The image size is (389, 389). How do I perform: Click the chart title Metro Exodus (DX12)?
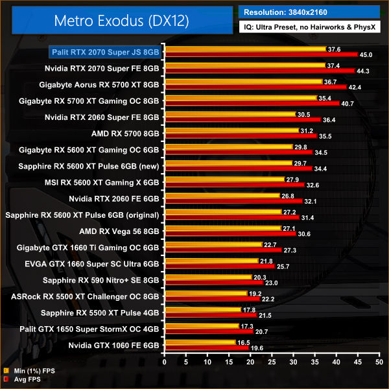118,21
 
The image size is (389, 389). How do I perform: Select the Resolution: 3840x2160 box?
309,11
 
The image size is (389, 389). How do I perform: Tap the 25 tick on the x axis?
272,361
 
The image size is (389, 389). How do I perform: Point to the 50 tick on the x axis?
379,361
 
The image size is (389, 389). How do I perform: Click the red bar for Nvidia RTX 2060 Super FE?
242,120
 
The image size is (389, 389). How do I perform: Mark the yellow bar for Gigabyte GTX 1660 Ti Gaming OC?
213,244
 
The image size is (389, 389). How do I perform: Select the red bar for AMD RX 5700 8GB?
241,136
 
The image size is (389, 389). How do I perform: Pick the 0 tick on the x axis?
165,361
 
